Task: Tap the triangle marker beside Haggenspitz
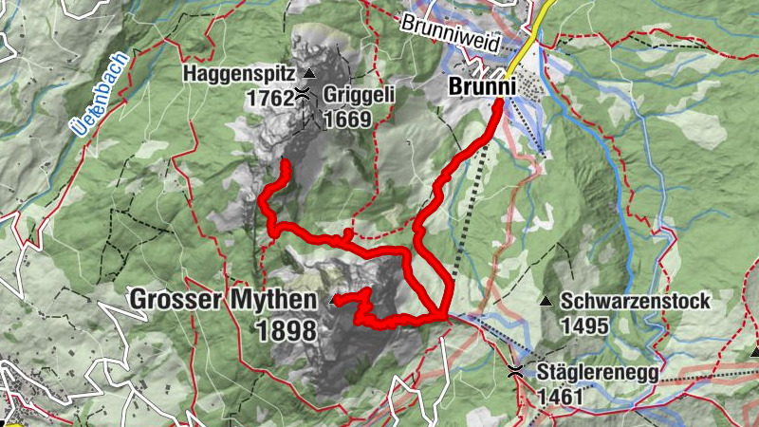pos(307,73)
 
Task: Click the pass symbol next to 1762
pos(302,93)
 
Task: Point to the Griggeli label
pos(359,95)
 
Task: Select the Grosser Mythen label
pos(223,301)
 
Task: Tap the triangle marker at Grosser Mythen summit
pos(333,300)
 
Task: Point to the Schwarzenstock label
pos(636,302)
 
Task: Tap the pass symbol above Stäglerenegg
pos(515,370)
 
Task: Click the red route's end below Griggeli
pos(285,165)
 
